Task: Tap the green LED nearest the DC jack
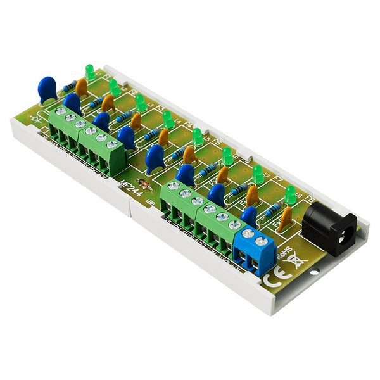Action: point(291,194)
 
